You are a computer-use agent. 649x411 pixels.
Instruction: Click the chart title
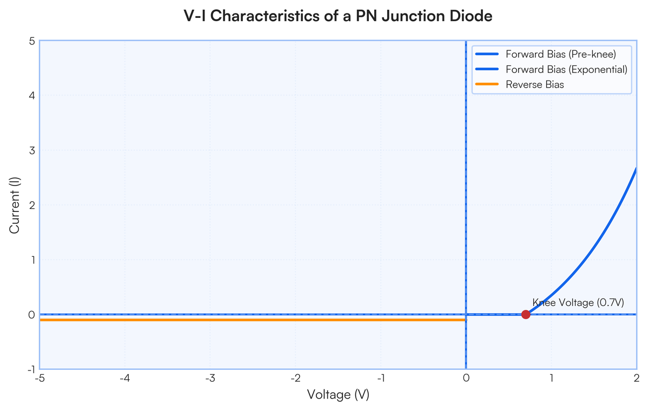[338, 16]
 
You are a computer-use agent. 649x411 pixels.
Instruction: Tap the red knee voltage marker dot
[526, 314]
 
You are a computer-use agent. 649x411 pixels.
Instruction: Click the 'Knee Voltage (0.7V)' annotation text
[578, 302]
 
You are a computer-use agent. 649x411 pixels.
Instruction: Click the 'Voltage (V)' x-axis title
[338, 394]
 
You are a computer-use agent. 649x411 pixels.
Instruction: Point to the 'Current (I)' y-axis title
[14, 205]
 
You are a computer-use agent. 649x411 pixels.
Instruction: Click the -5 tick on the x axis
[39, 378]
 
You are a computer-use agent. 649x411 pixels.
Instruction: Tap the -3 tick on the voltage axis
[210, 378]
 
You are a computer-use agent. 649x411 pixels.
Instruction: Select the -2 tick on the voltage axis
[295, 378]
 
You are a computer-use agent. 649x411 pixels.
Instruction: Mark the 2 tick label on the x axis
[636, 378]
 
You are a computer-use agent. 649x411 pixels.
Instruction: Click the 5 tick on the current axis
[32, 41]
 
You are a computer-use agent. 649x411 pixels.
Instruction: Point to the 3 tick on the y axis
[32, 150]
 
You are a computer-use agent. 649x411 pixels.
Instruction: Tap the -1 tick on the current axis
[31, 369]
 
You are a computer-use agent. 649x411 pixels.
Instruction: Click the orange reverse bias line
[253, 320]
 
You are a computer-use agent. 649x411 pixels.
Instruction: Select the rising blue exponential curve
[591, 253]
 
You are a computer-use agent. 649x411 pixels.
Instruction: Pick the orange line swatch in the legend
[487, 84]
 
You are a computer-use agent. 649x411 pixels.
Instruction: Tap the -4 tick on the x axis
[124, 378]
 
